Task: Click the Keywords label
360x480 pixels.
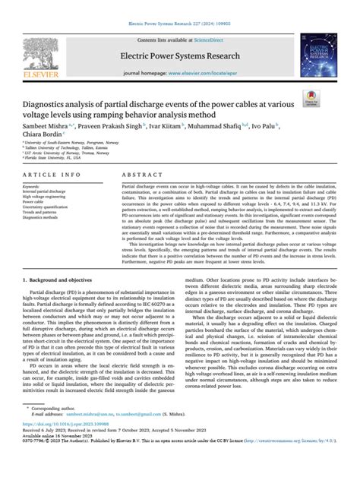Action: click(35, 185)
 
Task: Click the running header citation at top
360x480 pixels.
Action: click(179, 5)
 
